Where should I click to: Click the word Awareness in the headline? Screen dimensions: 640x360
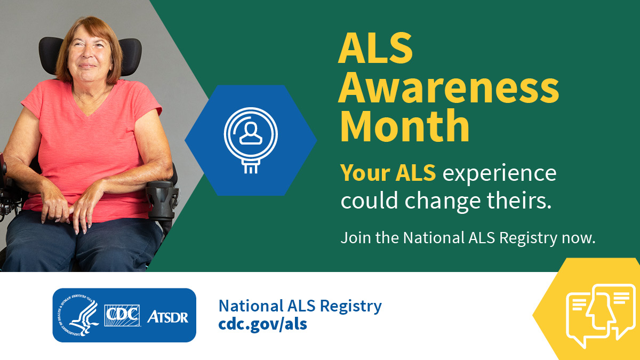point(449,87)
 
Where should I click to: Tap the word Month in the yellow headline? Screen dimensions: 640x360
point(405,125)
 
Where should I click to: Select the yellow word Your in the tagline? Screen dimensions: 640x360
point(365,173)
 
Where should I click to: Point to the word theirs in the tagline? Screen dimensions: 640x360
point(519,200)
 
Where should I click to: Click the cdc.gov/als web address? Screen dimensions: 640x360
point(263,324)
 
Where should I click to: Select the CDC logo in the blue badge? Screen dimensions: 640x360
point(122,315)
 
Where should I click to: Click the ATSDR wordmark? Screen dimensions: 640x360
point(167,317)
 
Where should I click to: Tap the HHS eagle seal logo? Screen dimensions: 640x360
point(78,315)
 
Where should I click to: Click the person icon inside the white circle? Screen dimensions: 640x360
point(251,133)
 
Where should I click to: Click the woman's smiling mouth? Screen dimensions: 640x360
point(87,66)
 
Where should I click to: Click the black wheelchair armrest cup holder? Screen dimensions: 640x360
point(162,199)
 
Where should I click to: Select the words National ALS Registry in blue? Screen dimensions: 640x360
point(300,306)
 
